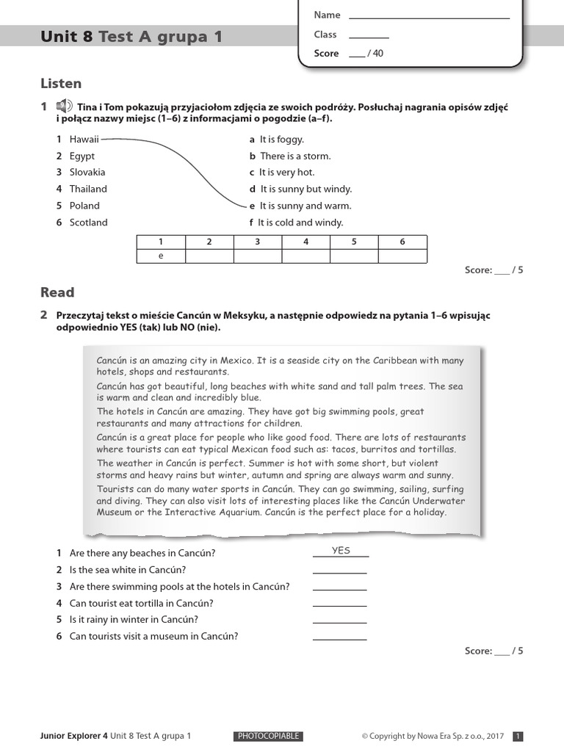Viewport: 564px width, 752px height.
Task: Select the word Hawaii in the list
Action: (x=84, y=139)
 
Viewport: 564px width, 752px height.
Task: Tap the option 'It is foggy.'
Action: (x=281, y=139)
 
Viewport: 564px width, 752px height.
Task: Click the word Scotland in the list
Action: (x=88, y=223)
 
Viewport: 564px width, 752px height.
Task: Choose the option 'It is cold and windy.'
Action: (x=300, y=223)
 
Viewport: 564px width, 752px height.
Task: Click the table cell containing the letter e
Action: (x=161, y=256)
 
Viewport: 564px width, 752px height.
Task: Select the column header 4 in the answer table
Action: (x=305, y=242)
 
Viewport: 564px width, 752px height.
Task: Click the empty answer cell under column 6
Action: (x=402, y=256)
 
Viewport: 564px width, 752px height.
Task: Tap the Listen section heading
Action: (x=61, y=84)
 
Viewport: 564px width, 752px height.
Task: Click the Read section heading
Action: (x=57, y=292)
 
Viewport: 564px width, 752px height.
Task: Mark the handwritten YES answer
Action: (x=341, y=551)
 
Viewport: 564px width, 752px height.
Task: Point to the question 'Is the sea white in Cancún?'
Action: (x=127, y=570)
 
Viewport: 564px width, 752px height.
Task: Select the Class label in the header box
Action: (x=325, y=35)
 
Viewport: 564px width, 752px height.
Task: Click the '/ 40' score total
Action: (x=375, y=54)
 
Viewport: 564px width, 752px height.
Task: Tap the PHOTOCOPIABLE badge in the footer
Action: (x=268, y=736)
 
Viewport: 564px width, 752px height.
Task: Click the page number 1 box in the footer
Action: (x=518, y=736)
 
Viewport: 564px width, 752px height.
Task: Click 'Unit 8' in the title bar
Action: (x=67, y=37)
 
